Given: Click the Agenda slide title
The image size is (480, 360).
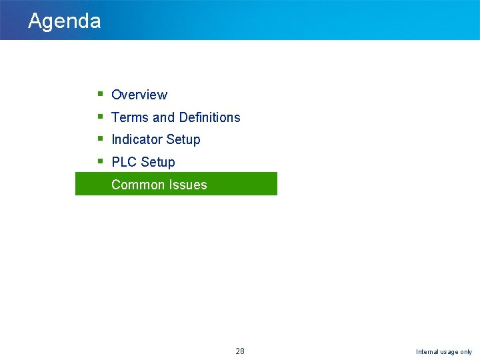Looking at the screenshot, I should click(x=64, y=21).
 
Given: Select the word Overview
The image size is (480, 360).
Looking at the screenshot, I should click(x=139, y=95).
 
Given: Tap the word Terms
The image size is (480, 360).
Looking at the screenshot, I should click(x=130, y=117).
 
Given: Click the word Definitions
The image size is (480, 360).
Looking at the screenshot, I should click(x=209, y=117).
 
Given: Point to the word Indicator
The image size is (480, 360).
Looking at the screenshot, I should click(x=136, y=139).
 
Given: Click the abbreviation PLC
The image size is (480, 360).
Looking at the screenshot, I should click(x=124, y=162).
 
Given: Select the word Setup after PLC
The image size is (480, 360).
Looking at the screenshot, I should click(x=157, y=163).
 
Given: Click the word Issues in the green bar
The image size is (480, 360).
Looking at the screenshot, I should click(x=189, y=185).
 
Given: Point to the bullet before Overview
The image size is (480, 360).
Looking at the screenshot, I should click(x=99, y=94).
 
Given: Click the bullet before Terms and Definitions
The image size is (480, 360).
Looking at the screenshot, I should click(x=99, y=117).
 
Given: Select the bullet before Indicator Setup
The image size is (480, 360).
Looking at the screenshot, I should click(x=99, y=139).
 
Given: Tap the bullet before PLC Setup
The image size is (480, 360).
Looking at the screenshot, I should click(x=99, y=161).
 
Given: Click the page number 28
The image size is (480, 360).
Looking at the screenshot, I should click(x=240, y=351).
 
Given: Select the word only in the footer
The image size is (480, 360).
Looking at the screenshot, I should click(x=467, y=352).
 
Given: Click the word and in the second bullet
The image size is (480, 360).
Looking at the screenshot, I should click(x=163, y=117).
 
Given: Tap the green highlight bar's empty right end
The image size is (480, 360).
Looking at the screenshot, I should click(x=247, y=184).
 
